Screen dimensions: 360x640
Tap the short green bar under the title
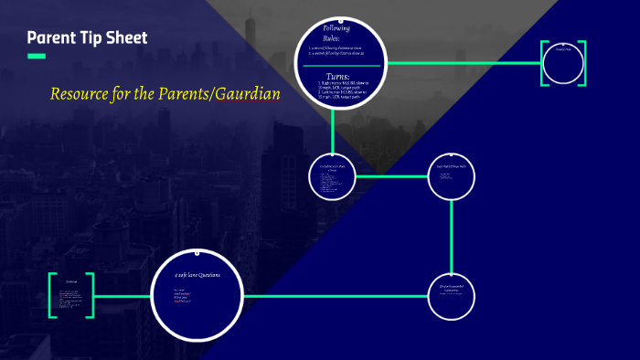click(36, 57)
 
